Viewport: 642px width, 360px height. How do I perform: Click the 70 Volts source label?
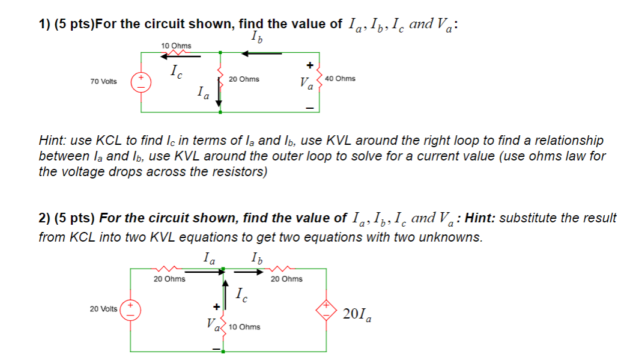[104, 81]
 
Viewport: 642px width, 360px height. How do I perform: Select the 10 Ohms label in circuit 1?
[177, 46]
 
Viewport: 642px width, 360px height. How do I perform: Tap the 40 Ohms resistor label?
[340, 79]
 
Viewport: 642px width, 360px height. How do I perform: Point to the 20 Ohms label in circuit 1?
[244, 79]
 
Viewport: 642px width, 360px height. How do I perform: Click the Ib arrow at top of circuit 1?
[262, 53]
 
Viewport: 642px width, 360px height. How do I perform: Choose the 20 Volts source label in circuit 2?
[104, 308]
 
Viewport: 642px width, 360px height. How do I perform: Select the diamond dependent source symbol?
[327, 310]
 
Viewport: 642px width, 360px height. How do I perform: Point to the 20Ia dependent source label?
[359, 314]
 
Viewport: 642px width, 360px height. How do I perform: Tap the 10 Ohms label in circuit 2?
[244, 327]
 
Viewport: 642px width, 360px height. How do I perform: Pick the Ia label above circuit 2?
[208, 259]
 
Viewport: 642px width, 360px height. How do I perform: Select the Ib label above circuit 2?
[256, 259]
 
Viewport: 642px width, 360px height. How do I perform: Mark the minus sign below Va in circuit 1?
[310, 108]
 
